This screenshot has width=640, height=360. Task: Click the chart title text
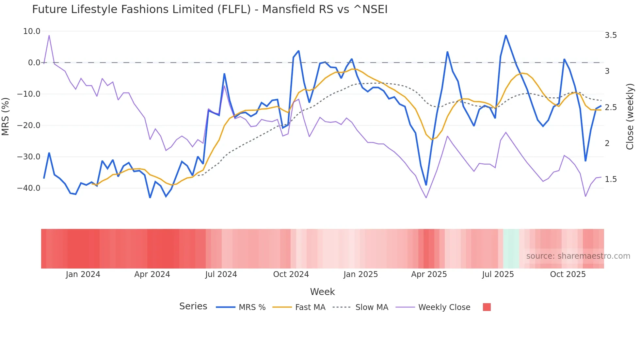pos(210,9)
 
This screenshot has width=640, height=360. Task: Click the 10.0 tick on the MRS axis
pos(32,31)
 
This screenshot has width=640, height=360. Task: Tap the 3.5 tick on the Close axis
pos(611,35)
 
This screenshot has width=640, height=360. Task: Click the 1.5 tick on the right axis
pos(611,179)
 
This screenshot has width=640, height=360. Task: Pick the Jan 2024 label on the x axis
pos(83,274)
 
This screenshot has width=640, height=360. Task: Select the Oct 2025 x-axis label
pos(568,274)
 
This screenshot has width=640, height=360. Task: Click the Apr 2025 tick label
pos(429,274)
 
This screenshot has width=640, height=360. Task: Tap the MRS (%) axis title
pos(6,117)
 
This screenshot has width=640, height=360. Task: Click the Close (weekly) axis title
pos(630,117)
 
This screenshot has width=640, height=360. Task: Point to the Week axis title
pos(322,292)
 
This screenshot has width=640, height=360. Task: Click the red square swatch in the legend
pos(487,307)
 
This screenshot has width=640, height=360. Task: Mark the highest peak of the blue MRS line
pos(506,35)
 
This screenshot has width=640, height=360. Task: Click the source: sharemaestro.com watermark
pos(578,256)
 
